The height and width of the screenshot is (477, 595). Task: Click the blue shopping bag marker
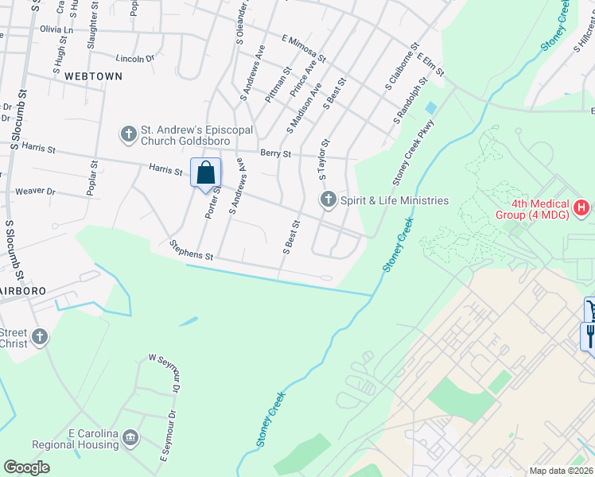pyautogui.click(x=206, y=173)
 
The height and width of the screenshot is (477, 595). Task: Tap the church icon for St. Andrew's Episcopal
pyautogui.click(x=129, y=134)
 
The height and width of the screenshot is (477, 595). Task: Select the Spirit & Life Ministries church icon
pyautogui.click(x=328, y=200)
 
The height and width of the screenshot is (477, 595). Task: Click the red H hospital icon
pyautogui.click(x=582, y=208)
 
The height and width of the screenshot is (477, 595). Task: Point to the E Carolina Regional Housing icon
pyautogui.click(x=131, y=438)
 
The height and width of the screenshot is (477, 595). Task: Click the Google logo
pyautogui.click(x=26, y=467)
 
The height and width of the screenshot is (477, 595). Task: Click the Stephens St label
pyautogui.click(x=192, y=251)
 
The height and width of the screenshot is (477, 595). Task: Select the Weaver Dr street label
pyautogui.click(x=35, y=192)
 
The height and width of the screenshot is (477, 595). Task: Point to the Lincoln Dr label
pyautogui.click(x=134, y=59)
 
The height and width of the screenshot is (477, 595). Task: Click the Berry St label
pyautogui.click(x=275, y=153)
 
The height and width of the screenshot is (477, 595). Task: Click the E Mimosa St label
pyautogui.click(x=304, y=48)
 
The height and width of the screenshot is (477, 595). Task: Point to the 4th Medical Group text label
pyautogui.click(x=541, y=209)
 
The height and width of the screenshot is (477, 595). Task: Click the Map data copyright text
pyautogui.click(x=562, y=471)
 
